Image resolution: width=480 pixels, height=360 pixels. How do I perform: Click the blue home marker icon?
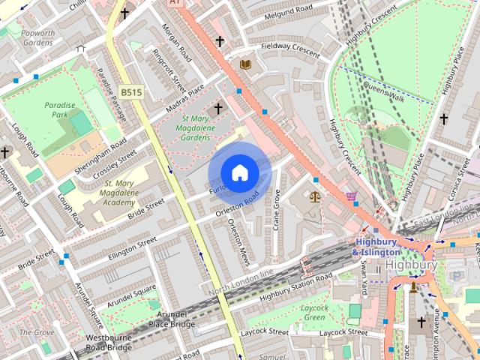(x=239, y=173)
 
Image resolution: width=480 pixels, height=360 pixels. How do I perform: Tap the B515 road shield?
(x=130, y=91)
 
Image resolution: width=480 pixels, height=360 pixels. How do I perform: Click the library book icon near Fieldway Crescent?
(x=244, y=65)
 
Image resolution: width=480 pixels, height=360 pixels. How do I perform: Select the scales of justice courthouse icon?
(x=314, y=197)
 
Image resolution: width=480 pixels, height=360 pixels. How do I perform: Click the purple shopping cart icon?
(x=351, y=196)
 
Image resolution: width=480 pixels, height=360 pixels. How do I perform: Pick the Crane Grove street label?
(x=276, y=209)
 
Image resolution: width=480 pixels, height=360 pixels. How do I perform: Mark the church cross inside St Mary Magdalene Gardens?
(x=218, y=109)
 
